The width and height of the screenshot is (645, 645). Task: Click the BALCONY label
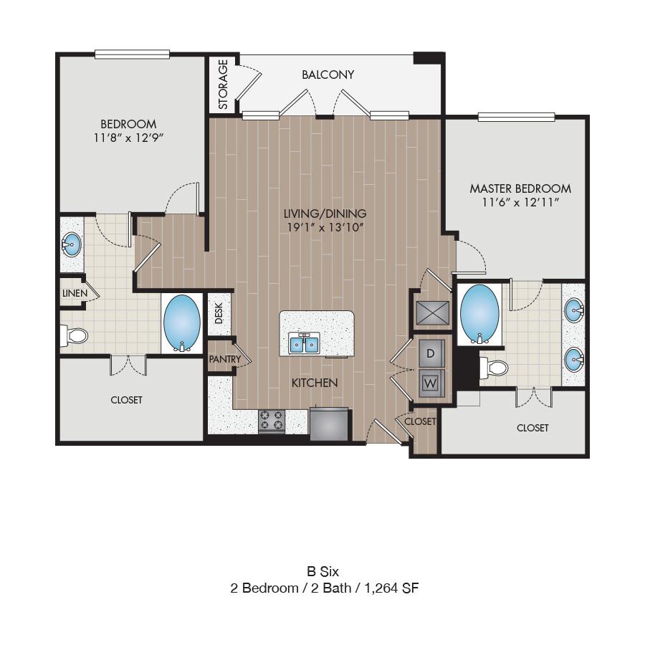[x=328, y=75]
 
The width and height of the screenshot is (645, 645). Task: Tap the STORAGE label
[x=223, y=85]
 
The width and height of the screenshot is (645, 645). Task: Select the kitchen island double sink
[x=304, y=343]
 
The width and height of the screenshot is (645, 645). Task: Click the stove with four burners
[x=272, y=421]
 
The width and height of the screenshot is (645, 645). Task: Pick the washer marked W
[x=431, y=383]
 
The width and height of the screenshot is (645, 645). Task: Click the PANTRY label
[x=224, y=359]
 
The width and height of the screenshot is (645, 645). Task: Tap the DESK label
[x=219, y=313]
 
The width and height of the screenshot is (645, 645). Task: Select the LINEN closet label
[x=75, y=293]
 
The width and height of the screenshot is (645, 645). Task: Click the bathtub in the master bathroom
[x=479, y=314]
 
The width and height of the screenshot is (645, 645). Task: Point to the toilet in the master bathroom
[x=494, y=367]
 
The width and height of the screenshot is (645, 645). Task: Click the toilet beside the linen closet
[x=75, y=335]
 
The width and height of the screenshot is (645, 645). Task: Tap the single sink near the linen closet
[x=72, y=245]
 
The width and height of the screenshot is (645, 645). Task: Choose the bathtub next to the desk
[x=182, y=322]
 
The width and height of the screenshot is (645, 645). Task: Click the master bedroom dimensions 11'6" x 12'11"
[x=520, y=202]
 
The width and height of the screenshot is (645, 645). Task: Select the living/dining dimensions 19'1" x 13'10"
[x=325, y=227]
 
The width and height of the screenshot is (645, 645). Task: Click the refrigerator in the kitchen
[x=329, y=424]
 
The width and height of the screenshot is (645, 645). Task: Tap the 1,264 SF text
[x=391, y=588]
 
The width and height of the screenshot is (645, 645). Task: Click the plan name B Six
[x=323, y=571]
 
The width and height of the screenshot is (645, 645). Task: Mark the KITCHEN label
[x=315, y=383]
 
